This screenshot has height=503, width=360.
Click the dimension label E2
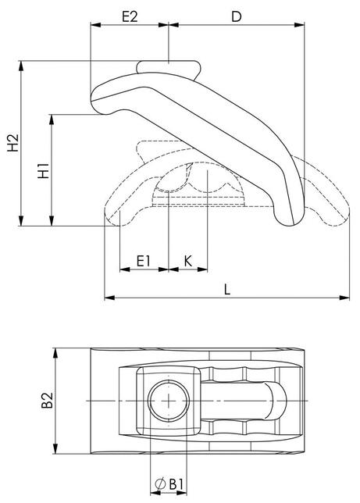(x=130, y=15)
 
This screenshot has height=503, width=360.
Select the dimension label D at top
(x=237, y=15)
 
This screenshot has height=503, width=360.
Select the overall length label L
(x=226, y=287)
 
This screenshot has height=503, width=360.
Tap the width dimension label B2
(x=48, y=401)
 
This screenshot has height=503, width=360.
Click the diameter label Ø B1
(x=170, y=485)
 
